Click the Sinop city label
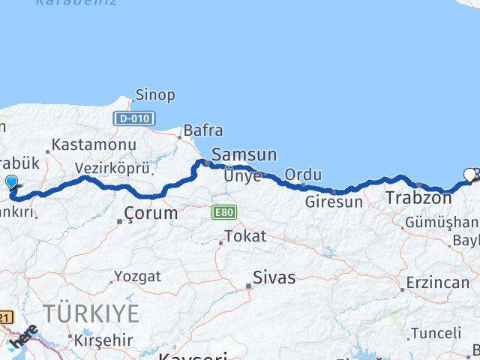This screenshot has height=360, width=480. [155, 95]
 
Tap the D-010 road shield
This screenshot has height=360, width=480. [134, 118]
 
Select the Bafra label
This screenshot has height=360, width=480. [202, 130]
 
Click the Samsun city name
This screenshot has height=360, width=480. [244, 155]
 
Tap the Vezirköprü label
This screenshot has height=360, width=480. [112, 169]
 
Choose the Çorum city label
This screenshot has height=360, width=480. [152, 214]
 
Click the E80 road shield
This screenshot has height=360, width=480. [224, 212]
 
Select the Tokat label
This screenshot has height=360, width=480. [245, 237]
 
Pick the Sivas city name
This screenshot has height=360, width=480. [274, 278]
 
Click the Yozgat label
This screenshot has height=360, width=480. [137, 277]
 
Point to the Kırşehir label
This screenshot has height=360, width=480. [105, 339]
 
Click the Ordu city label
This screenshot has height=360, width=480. [303, 175]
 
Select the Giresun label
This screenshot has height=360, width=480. [334, 202]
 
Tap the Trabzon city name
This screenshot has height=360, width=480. [418, 199]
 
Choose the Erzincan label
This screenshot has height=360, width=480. [437, 283]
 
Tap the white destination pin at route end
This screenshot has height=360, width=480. [470, 175]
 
